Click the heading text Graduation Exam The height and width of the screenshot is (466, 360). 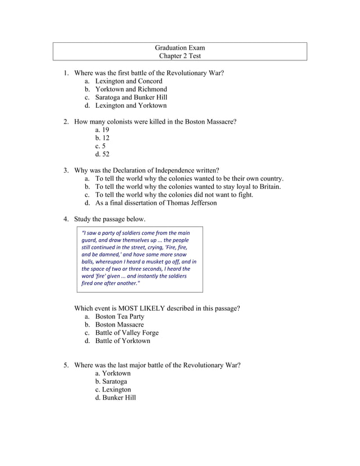(x=180, y=47)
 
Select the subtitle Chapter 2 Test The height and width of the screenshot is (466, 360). (x=180, y=56)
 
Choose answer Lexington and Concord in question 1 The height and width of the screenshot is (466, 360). (x=128, y=81)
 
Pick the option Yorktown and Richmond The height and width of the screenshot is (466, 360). (x=131, y=89)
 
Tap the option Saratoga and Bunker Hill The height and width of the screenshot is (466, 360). (x=131, y=97)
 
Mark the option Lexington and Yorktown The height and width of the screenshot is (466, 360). (x=130, y=105)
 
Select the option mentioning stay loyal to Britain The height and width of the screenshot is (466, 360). (x=188, y=187)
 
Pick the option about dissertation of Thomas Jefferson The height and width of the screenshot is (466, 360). (x=155, y=203)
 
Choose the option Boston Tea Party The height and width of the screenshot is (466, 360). (x=120, y=316)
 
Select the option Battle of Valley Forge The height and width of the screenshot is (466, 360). (x=126, y=332)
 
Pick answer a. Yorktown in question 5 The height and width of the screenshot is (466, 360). (x=113, y=373)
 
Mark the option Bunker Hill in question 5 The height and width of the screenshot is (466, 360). (x=115, y=397)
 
